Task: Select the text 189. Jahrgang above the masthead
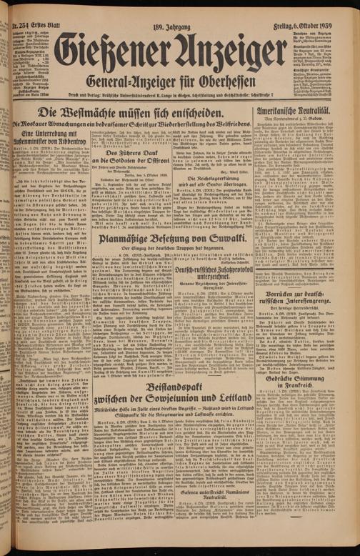tap(174, 7)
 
